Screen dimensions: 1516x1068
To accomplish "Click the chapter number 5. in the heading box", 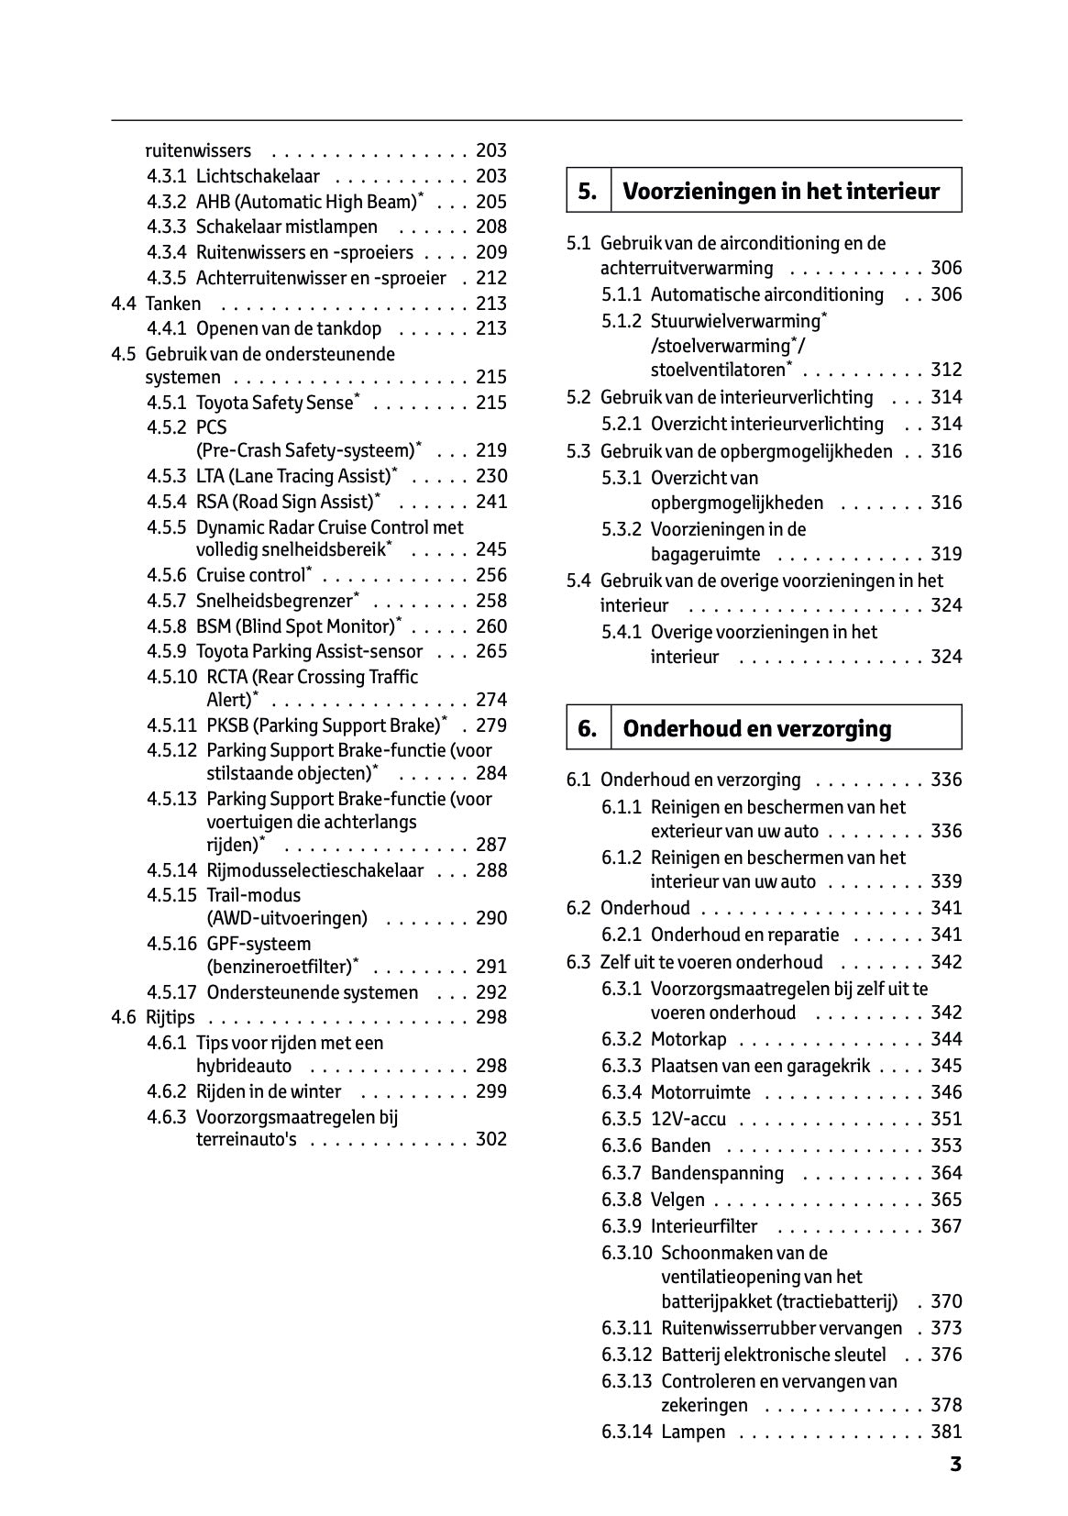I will click(x=588, y=192).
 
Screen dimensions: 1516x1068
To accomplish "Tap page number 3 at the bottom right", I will click(x=955, y=1465).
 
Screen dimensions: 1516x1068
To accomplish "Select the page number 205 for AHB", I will click(x=491, y=202).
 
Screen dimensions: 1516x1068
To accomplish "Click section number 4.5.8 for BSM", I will click(x=166, y=626).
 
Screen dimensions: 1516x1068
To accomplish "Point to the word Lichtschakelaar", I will click(x=258, y=176).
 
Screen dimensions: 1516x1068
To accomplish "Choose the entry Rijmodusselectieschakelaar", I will click(x=314, y=870).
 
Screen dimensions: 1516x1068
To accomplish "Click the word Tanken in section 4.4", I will click(x=173, y=304).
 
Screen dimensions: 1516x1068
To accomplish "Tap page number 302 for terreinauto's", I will click(x=491, y=1139).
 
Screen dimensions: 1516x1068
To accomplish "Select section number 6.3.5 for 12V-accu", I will click(x=622, y=1119).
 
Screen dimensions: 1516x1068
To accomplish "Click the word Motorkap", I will click(x=688, y=1039).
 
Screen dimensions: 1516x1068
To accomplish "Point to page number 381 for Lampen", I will click(x=946, y=1432).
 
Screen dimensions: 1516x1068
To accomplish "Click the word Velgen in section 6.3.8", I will click(x=677, y=1200).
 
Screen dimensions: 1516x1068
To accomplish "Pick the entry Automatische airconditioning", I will click(x=766, y=294).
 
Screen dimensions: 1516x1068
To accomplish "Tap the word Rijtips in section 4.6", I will click(x=171, y=1017).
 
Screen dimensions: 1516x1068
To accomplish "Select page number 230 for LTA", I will click(x=491, y=476).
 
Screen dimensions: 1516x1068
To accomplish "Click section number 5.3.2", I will click(x=622, y=529).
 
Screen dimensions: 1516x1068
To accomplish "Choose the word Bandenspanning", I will click(x=717, y=1173).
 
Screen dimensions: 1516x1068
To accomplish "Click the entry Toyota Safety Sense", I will click(x=275, y=403).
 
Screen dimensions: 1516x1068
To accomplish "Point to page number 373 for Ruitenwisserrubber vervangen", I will click(x=946, y=1328).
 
